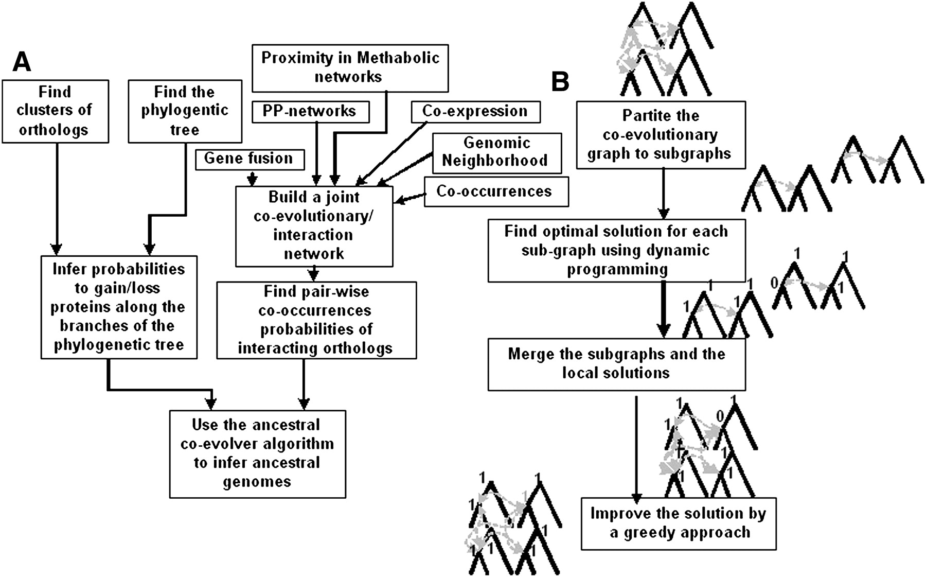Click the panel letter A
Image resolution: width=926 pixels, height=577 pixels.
coord(22,63)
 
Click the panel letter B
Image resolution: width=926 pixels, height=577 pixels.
coord(560,82)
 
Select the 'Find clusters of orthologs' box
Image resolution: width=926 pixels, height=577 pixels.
coord(55,111)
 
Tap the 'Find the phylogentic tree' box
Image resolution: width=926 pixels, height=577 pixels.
coord(185,111)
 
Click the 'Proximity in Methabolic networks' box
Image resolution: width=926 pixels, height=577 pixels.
coord(350,68)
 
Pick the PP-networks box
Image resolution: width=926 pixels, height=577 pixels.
coord(310,112)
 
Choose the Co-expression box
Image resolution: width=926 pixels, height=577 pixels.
coord(475,112)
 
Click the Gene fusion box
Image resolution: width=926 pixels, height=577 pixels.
coord(250,159)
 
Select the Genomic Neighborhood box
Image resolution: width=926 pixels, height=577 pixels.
coord(496,153)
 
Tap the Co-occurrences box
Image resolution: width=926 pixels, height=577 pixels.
coord(496,192)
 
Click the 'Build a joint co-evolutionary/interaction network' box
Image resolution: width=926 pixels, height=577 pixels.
coord(314,226)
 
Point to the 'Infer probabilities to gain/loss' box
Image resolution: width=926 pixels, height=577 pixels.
coord(119,307)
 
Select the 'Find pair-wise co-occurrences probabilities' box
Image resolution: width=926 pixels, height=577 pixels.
coord(316,320)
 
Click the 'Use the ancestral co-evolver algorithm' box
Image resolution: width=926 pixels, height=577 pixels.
coord(257,453)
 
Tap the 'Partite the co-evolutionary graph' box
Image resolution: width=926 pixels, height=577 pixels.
coord(661,135)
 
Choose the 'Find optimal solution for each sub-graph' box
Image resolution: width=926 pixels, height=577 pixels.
coord(616,251)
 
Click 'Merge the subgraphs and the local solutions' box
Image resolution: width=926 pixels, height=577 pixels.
coord(616,364)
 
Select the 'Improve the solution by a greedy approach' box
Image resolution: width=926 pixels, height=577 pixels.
coord(678,523)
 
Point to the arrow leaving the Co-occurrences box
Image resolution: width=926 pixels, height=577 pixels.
coord(410,198)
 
